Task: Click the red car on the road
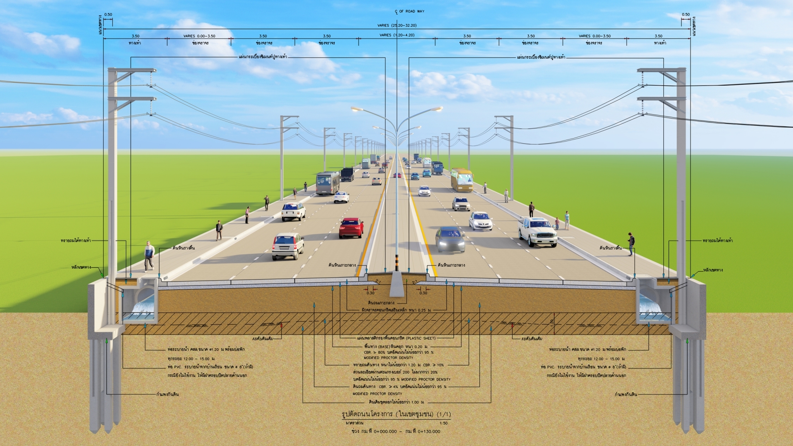coord(351,228)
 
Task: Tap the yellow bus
coord(462,180)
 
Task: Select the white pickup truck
coord(538,232)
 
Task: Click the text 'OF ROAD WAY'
coord(412,11)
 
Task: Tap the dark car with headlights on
coord(450,239)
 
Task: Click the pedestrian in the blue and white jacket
coord(149,256)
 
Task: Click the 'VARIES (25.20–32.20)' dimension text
coord(397,26)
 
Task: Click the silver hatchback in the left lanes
coord(287,246)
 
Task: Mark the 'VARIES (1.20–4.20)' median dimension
coord(397,35)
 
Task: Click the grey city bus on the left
coord(328,183)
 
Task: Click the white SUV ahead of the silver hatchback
coord(293,211)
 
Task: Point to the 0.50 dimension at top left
coord(108,15)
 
